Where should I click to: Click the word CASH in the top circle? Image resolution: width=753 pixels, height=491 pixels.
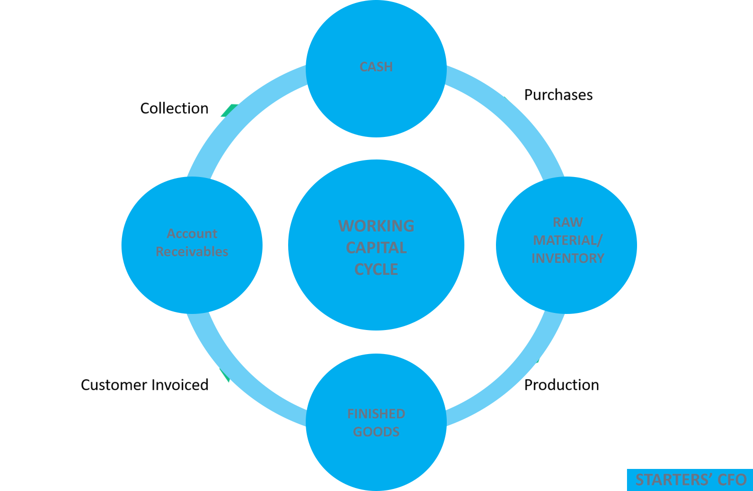(x=376, y=67)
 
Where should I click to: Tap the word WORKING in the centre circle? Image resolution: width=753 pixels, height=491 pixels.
(x=376, y=226)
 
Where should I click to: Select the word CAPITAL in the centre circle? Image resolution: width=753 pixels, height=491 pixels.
(x=376, y=248)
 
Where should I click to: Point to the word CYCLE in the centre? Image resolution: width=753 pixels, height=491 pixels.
(x=376, y=269)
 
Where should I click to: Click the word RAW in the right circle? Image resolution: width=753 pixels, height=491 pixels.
(x=568, y=222)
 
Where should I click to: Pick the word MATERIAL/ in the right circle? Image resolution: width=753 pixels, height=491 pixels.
(x=568, y=240)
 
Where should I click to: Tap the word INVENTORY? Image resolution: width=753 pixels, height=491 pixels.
(x=568, y=258)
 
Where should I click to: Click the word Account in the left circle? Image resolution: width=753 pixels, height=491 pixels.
(x=192, y=234)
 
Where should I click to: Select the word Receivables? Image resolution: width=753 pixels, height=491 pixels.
(x=192, y=252)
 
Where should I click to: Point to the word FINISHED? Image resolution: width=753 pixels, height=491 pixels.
(x=376, y=414)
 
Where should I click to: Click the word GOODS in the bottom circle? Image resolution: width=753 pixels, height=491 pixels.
(x=376, y=432)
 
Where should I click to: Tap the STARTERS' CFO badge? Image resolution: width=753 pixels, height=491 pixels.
(x=690, y=480)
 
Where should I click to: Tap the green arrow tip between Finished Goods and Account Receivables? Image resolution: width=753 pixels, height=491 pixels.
(x=225, y=375)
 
